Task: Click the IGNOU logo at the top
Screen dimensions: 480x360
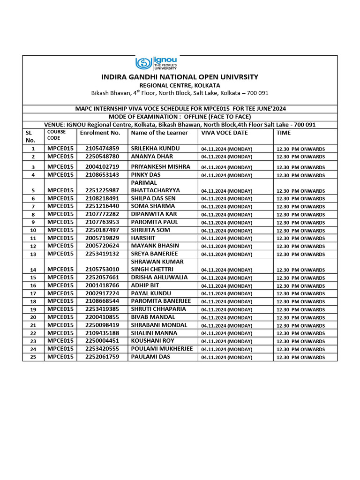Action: tap(157, 63)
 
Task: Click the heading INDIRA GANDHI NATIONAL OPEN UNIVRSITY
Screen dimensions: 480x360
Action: tap(180, 77)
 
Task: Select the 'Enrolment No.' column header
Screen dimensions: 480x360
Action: tap(100, 133)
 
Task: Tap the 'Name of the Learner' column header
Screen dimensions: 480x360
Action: tap(159, 133)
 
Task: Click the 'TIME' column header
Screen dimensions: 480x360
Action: tap(284, 133)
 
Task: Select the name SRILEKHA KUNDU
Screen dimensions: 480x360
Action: tap(155, 148)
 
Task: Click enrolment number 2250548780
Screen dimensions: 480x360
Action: tap(102, 156)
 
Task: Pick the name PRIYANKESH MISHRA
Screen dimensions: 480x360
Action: tap(160, 166)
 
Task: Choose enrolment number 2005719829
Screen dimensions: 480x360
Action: tap(102, 238)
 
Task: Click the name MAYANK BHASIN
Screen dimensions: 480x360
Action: tap(155, 246)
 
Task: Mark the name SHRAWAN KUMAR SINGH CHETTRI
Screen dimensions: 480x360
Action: tap(157, 265)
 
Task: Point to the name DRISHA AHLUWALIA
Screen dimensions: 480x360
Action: tap(159, 277)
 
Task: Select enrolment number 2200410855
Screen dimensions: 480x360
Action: tap(102, 317)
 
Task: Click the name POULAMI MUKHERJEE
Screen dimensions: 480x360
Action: tap(162, 349)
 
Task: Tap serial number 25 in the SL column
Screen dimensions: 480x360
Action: tap(33, 357)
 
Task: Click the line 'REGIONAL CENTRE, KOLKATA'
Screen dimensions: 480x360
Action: tap(180, 85)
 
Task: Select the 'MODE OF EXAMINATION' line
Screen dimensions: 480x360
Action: tap(180, 117)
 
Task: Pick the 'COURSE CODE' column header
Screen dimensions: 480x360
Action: tap(56, 135)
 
